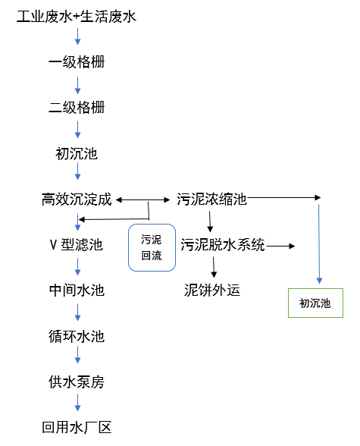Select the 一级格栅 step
coord(77,62)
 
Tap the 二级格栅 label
coord(77,108)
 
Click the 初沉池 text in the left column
coord(77,154)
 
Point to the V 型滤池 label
coord(76,245)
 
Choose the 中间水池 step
coord(77,291)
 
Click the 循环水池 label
coord(77,336)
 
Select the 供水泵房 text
coord(77,382)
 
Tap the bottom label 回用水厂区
coord(77,428)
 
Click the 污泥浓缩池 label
coord(212,199)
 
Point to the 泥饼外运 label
coord(212,290)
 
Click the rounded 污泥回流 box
coord(152,247)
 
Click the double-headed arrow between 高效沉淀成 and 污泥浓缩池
coord(144,200)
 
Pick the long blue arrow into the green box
coord(319,243)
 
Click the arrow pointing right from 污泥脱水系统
coord(280,246)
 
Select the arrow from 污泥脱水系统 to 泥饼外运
coord(214,267)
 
